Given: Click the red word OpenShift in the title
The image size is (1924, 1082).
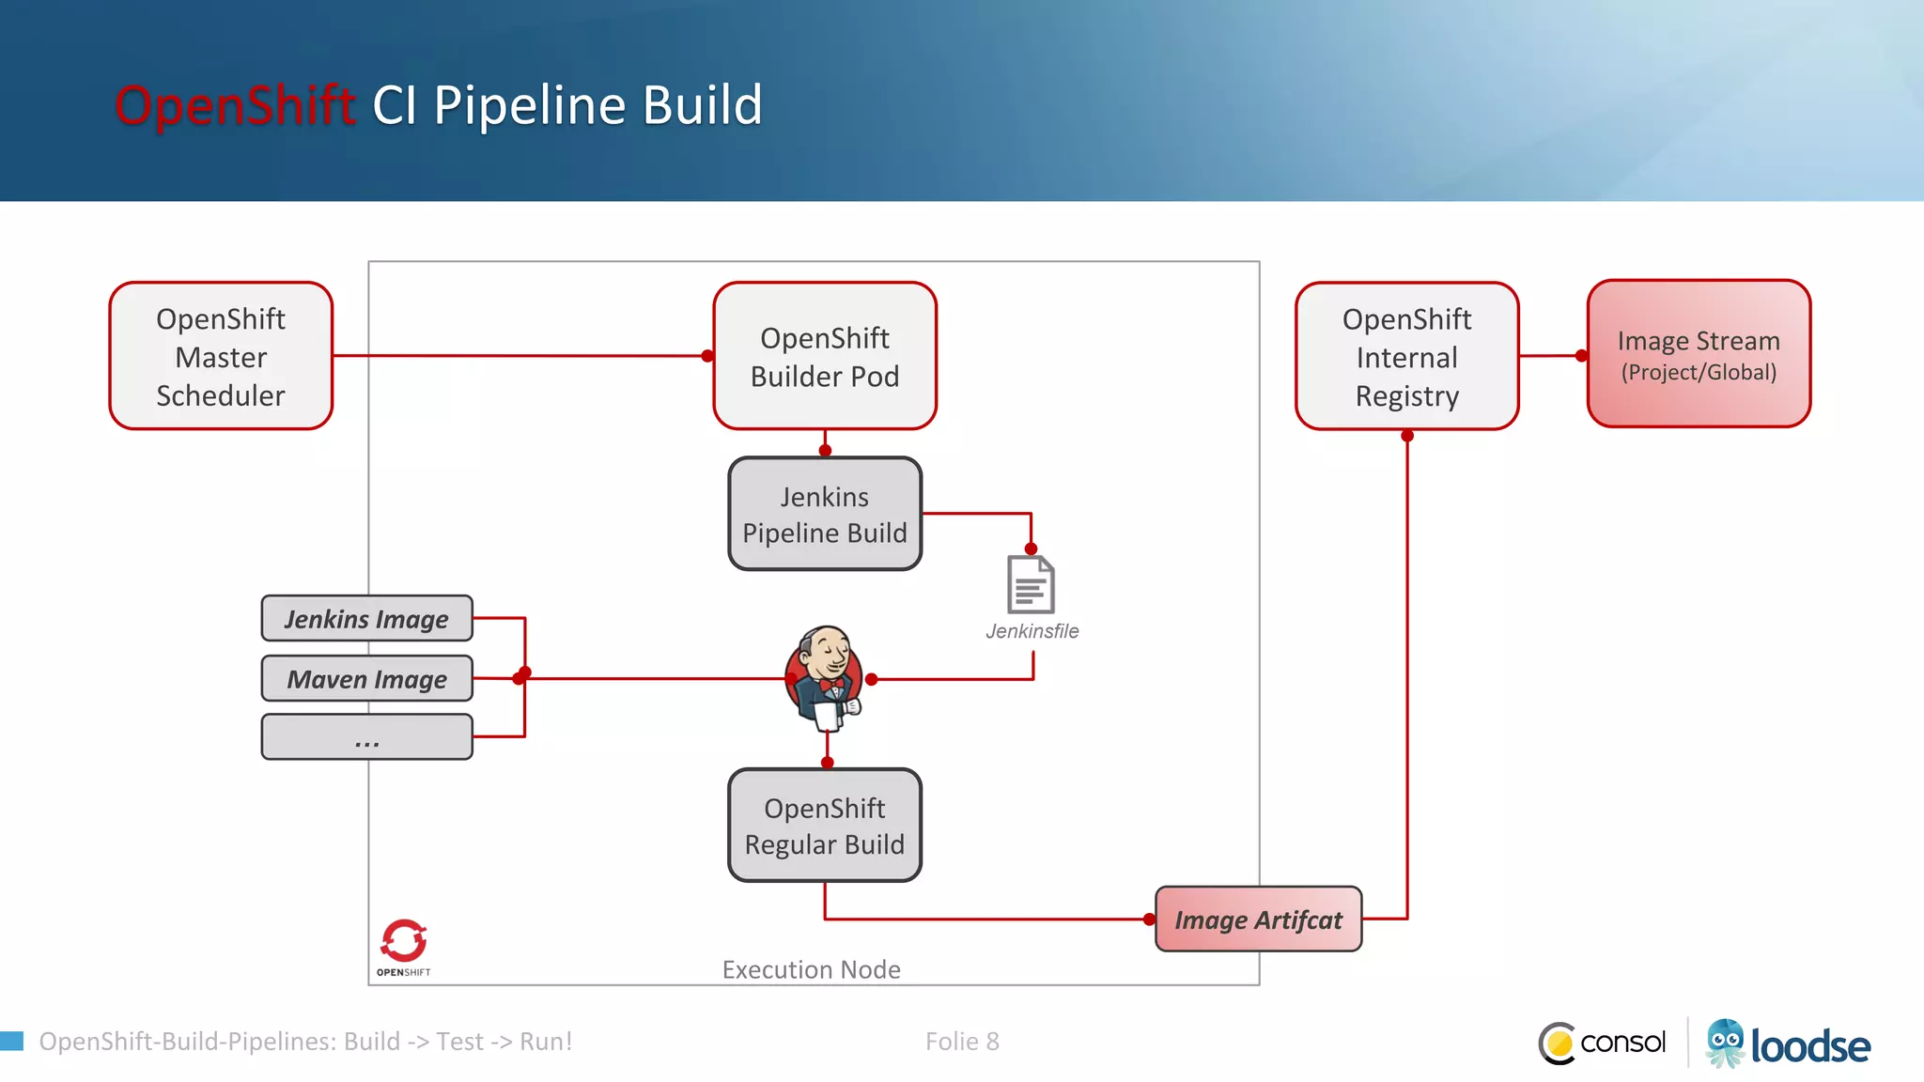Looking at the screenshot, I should click(x=235, y=105).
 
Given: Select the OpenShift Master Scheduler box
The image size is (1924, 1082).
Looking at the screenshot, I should click(x=221, y=356).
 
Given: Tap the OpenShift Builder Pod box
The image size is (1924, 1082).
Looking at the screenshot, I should click(x=825, y=356).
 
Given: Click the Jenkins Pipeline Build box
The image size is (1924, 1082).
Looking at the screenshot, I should click(x=825, y=514).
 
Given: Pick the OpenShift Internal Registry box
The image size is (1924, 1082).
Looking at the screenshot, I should click(x=1406, y=356).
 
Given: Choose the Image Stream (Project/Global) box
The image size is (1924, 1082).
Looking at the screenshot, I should click(x=1699, y=354).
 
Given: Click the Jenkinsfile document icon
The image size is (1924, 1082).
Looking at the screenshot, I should click(x=1031, y=584).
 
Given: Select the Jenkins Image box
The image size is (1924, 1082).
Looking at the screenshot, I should click(x=366, y=619).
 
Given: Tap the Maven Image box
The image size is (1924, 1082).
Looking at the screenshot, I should click(x=366, y=679).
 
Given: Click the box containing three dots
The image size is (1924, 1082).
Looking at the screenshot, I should click(x=366, y=737).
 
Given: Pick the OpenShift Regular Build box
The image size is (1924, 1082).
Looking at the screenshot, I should click(x=825, y=826).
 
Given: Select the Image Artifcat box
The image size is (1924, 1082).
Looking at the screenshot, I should click(x=1258, y=920).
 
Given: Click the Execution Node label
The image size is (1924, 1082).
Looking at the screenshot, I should click(x=811, y=969).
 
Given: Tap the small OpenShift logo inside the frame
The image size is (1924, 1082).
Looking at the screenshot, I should click(x=404, y=947).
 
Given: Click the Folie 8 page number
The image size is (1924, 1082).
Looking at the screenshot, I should click(x=962, y=1042).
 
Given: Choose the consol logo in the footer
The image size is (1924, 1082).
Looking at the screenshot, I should click(x=1603, y=1043).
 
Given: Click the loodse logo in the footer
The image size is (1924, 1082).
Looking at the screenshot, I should click(x=1788, y=1044).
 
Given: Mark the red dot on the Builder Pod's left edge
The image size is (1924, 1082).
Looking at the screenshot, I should click(x=707, y=356).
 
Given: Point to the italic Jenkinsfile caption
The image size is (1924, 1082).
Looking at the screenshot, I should click(x=1032, y=631).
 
